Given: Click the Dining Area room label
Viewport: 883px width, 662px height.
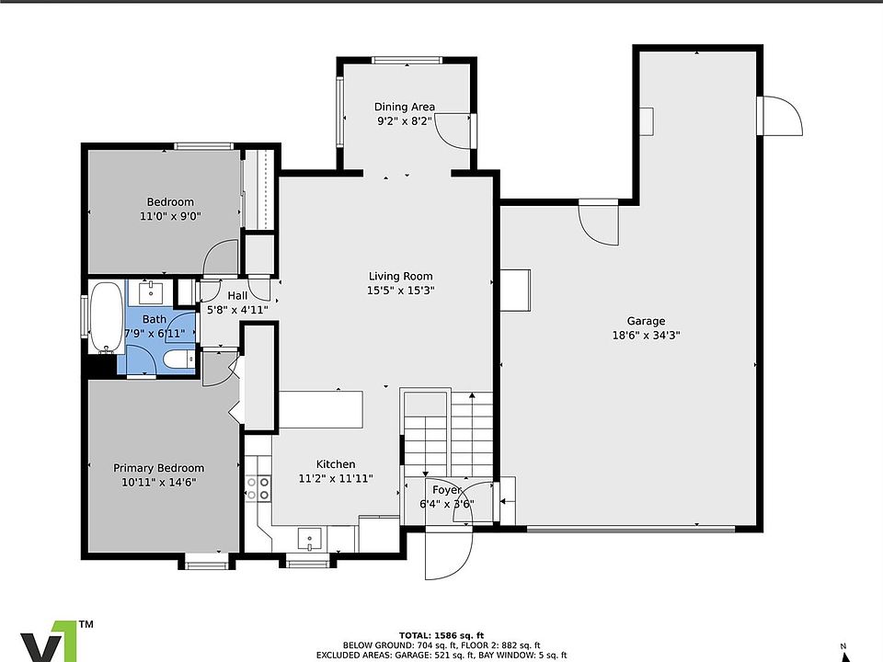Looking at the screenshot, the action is tap(405, 107).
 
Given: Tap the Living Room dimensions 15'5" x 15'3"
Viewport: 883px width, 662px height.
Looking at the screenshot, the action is tap(400, 291).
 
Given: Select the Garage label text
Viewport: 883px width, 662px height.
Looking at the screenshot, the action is tap(646, 321).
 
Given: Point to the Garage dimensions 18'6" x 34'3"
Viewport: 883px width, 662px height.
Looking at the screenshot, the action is tap(646, 336).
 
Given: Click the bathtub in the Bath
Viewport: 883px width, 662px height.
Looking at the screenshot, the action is tap(106, 317).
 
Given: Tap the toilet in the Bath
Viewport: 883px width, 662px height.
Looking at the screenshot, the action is tap(178, 359).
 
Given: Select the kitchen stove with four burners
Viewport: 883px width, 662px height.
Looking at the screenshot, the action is tap(258, 488).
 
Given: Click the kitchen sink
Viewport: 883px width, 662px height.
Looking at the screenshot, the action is tap(309, 540).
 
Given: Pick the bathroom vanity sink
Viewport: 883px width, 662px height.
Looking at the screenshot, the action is tap(151, 292).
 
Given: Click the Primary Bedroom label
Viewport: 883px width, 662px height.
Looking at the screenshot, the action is tap(159, 468).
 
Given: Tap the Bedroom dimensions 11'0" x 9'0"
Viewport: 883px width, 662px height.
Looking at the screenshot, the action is tap(170, 215).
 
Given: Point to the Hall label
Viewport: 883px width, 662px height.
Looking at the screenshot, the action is tap(237, 295).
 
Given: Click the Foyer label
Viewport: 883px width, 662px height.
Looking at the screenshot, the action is tap(447, 490).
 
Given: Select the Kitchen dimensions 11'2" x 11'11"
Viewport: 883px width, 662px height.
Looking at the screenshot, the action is tap(336, 478).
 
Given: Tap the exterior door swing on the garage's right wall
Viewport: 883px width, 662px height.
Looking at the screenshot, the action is tap(781, 116).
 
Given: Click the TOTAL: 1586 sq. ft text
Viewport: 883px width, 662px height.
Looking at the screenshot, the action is tap(441, 635).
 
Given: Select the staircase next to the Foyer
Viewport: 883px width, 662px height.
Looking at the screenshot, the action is tap(448, 435).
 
